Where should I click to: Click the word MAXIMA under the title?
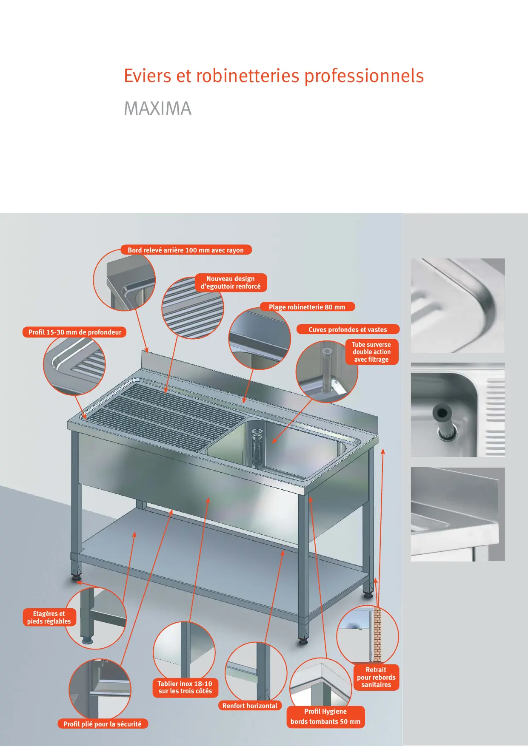tap(157, 108)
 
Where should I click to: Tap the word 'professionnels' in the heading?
tap(364, 76)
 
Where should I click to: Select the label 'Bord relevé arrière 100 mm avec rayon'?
tap(186, 250)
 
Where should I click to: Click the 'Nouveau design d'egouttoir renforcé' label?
tap(231, 283)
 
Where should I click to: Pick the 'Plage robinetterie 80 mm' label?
tap(307, 307)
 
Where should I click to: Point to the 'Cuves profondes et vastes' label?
tap(348, 329)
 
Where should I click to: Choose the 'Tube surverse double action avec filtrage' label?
tap(371, 352)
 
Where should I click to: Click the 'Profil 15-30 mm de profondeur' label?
tap(75, 332)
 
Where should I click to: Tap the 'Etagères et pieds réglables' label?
tap(49, 617)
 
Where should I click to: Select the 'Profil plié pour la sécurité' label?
tap(103, 723)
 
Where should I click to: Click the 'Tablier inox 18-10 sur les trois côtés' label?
tap(185, 687)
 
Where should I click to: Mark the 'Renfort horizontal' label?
tap(250, 706)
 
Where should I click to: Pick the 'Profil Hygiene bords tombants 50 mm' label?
tap(325, 716)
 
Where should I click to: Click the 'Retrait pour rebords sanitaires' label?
tap(376, 677)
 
